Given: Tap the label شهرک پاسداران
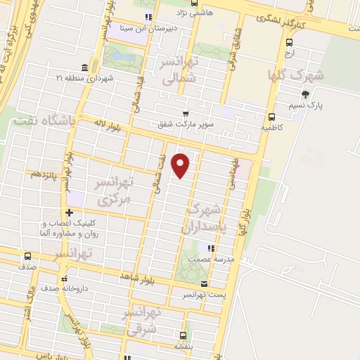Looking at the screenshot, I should tap(205, 219).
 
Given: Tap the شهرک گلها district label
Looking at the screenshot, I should tap(296, 74).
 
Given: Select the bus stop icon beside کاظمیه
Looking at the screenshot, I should tap(272, 117).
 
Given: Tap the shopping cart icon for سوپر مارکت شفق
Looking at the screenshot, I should tap(185, 114).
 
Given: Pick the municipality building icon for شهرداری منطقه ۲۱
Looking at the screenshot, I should tap(84, 67).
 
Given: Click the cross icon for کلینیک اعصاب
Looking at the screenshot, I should tap(69, 212).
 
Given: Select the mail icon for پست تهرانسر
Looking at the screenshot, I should tap(205, 284).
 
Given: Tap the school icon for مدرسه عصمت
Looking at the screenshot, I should tap(210, 247).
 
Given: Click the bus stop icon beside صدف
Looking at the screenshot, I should tap(27, 256).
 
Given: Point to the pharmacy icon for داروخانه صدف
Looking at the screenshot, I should tap(65, 278).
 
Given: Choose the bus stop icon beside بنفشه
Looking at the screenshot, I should tap(183, 335).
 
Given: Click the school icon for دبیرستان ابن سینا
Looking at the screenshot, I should tap(148, 18).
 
